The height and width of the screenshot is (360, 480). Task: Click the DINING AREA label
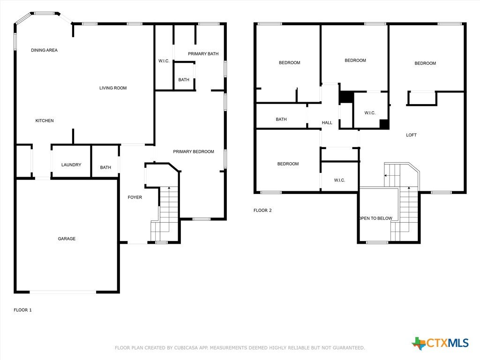pos(44,50)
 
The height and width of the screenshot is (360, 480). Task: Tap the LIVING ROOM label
pos(113,88)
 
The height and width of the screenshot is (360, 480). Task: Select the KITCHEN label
pos(45,120)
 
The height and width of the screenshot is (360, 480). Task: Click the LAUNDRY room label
pos(71,165)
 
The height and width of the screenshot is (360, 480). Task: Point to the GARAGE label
pos(67,239)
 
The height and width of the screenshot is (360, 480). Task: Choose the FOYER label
pos(135,197)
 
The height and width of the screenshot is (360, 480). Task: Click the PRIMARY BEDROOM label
pos(194,151)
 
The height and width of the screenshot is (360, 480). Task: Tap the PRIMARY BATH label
pos(203,53)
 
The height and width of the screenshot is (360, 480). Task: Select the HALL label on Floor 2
pos(327,122)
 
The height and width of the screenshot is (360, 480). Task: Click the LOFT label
pos(411,135)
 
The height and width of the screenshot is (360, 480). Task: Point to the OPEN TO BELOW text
pos(375,218)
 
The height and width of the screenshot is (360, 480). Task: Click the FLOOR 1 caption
pos(22,310)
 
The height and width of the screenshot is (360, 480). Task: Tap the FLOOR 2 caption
pos(262,210)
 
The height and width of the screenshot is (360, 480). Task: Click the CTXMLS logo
pos(440,343)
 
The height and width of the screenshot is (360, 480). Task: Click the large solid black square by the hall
pos(346,97)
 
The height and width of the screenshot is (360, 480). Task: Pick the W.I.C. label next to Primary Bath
pos(164,61)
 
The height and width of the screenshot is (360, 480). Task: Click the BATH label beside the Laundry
pos(105,167)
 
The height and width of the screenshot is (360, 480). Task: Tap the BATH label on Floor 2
pos(281,119)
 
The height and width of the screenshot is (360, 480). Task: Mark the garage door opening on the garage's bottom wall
pos(63,292)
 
